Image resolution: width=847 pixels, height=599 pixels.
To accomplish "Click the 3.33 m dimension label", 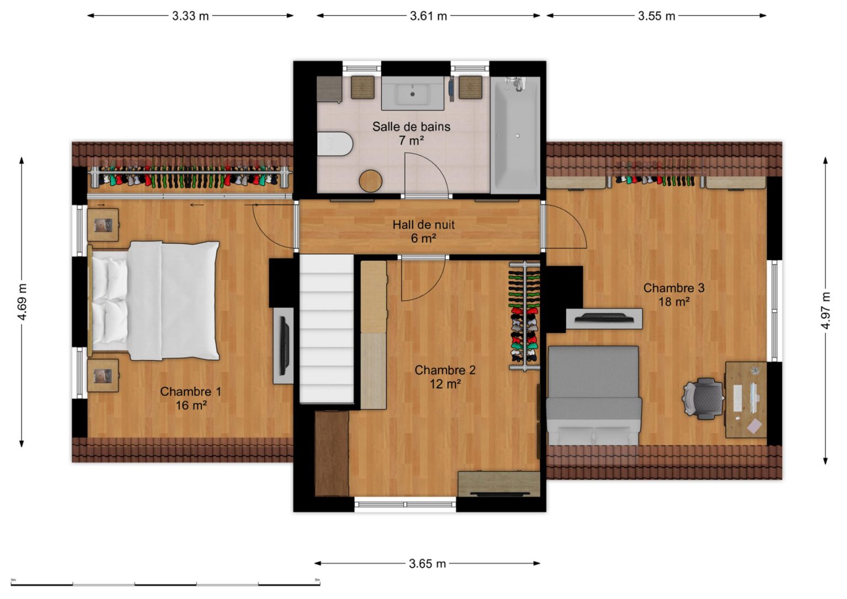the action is pos(190,16).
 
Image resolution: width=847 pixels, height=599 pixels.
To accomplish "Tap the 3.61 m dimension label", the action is pos(428,16).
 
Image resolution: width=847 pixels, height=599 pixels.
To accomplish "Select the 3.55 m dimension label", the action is pos(656,16).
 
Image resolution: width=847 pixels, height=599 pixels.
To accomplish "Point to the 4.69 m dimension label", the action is pos(22,301).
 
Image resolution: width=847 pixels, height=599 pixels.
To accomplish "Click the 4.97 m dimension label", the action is pos(826,310).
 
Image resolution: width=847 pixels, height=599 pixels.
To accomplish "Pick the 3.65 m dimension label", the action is pos(427,564).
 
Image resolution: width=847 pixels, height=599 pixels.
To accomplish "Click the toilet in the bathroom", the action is pos(335,144).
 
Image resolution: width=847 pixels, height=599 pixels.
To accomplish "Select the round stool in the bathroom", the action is pos(371,181).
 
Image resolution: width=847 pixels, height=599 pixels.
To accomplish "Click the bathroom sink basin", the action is pos(412,93).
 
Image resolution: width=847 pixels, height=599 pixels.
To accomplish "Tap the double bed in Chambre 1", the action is pos(154,301).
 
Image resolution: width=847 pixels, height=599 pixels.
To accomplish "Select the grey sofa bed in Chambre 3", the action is pos(594,395).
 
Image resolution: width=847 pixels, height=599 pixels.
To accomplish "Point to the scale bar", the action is pos(165,584).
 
